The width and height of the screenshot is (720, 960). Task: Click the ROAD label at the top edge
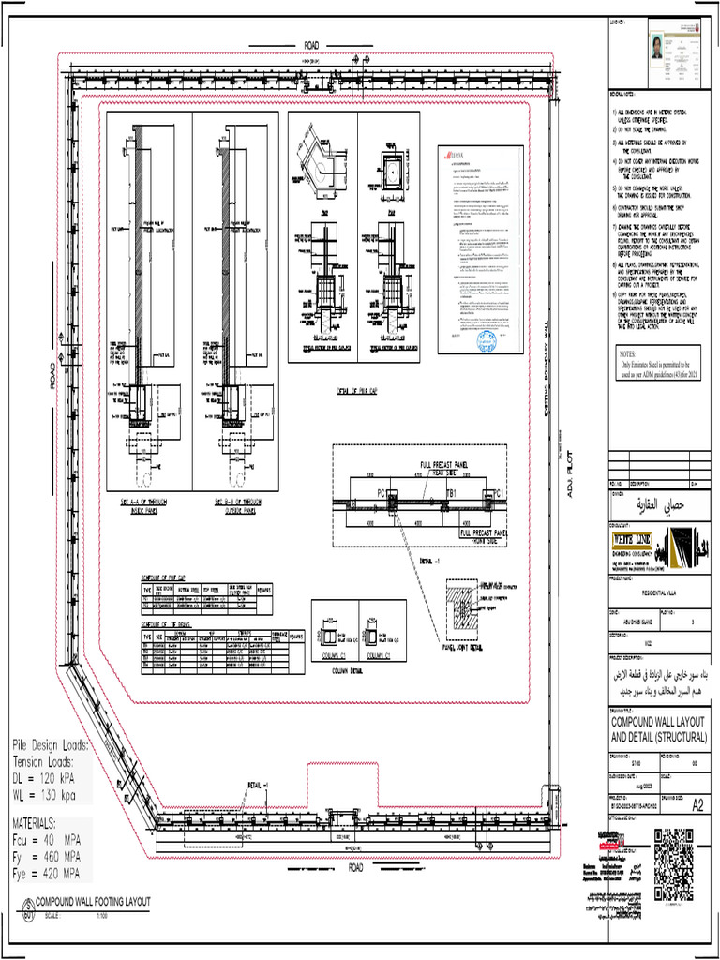311,45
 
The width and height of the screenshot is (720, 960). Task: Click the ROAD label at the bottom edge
356,867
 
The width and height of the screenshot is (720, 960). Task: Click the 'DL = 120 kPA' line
51,778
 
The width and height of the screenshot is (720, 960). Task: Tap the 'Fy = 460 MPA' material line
47,857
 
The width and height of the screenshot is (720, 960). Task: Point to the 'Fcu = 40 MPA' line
48,840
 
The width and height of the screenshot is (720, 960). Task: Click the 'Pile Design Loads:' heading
51,744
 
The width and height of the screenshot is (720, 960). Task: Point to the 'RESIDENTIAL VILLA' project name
654,593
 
